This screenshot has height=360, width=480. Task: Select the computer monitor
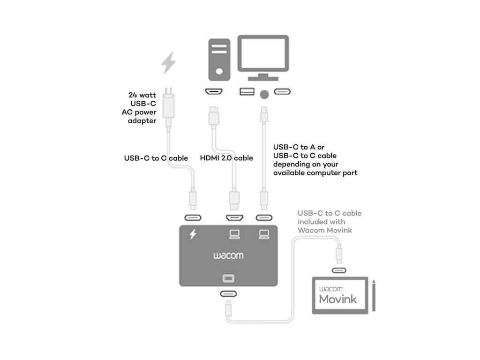[264, 55]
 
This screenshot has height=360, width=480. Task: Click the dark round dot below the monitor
[264, 94]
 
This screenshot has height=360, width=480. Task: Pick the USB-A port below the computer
[246, 92]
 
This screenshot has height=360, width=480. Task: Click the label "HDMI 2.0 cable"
[226, 158]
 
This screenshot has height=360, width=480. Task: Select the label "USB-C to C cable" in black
[156, 158]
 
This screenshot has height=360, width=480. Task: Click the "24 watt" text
[142, 95]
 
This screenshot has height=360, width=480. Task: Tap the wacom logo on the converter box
[228, 256]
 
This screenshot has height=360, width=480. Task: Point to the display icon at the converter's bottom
[228, 278]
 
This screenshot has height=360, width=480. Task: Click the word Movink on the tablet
[338, 299]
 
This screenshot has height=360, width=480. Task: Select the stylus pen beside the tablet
[375, 295]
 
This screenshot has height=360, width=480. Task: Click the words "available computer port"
[315, 173]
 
